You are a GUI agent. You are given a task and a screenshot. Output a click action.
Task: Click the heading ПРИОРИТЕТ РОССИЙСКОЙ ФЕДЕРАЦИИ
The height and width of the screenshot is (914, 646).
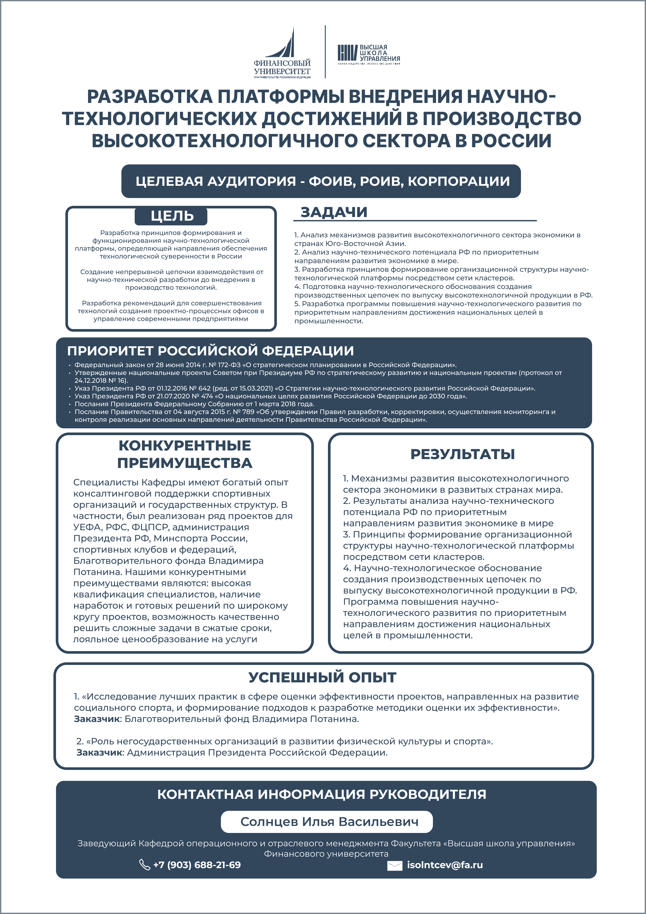pyautogui.click(x=210, y=351)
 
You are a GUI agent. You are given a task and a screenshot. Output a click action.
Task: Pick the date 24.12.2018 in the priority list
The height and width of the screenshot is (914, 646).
pyautogui.click(x=90, y=380)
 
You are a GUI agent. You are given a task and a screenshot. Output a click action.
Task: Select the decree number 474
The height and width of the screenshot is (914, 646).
pyautogui.click(x=207, y=396)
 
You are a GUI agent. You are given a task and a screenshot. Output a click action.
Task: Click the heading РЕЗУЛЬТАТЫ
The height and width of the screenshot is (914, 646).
pyautogui.click(x=463, y=454)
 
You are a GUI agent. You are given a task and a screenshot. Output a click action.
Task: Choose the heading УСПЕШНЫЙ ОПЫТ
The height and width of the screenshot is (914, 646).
pyautogui.click(x=322, y=677)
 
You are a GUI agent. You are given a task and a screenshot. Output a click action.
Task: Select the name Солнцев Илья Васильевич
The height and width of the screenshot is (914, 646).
pyautogui.click(x=329, y=822)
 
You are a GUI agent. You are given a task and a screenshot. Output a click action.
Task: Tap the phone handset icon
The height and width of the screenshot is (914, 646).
pyautogui.click(x=144, y=865)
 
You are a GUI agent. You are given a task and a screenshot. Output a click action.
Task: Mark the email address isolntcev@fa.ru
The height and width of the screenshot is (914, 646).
pyautogui.click(x=445, y=865)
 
